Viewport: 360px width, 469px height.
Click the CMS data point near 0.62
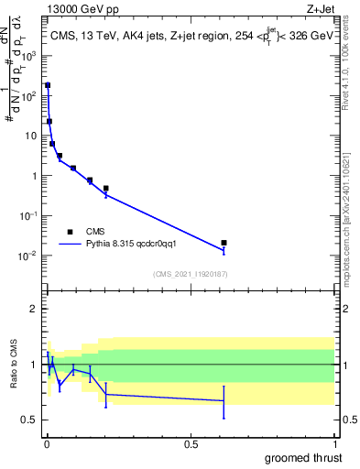tap(224, 243)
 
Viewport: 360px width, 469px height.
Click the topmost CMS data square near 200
tap(48, 85)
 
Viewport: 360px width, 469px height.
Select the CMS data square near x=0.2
tap(106, 188)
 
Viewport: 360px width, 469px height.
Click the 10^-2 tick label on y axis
tap(29, 256)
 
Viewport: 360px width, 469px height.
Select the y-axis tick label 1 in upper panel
tap(37, 175)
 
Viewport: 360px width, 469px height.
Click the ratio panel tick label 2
tap(37, 309)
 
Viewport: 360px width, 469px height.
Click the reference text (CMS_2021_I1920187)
tap(190, 273)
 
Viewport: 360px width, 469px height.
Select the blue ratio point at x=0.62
tap(224, 400)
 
